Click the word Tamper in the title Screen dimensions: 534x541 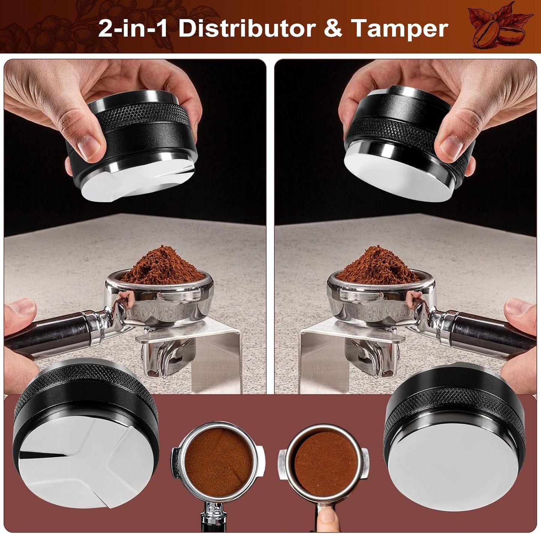(x=400, y=29)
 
